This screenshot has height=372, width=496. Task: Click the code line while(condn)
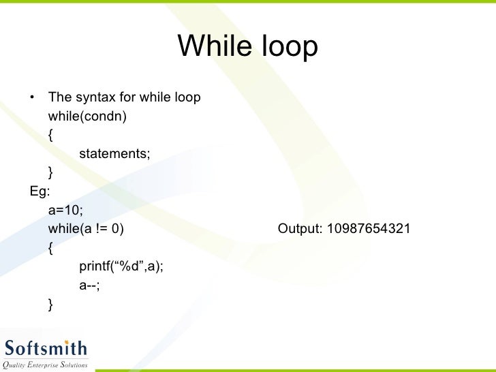(x=87, y=117)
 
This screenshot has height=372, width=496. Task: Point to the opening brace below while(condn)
(x=50, y=135)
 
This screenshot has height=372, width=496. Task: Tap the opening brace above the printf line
(x=50, y=248)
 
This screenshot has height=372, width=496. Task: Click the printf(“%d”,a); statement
(x=121, y=267)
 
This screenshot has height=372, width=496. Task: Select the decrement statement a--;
(x=90, y=286)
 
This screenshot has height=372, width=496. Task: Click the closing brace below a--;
(x=50, y=305)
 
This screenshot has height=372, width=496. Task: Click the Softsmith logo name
(x=46, y=350)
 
